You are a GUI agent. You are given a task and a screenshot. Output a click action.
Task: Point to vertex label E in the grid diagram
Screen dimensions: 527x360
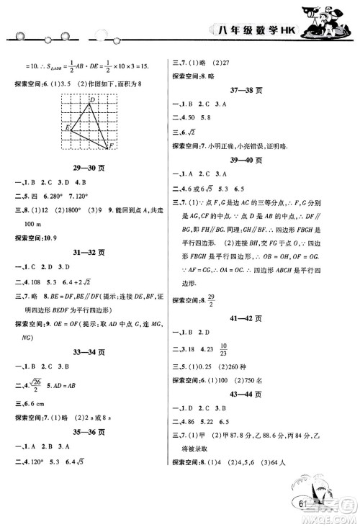coord(67,127)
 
